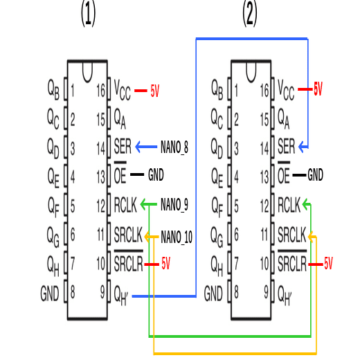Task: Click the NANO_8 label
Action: (174, 147)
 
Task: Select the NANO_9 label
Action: (174, 205)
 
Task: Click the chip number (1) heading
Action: (88, 14)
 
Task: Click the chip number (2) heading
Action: (250, 14)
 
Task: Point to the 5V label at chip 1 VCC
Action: (154, 91)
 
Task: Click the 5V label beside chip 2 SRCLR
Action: (327, 264)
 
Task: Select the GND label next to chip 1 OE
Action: (156, 176)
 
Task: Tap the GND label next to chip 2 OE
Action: (316, 175)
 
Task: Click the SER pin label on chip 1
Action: (123, 147)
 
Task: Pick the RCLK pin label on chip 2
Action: (289, 205)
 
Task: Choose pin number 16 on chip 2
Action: (264, 90)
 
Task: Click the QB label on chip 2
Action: (216, 89)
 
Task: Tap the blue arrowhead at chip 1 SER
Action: (139, 147)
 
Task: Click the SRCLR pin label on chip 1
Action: (128, 264)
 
